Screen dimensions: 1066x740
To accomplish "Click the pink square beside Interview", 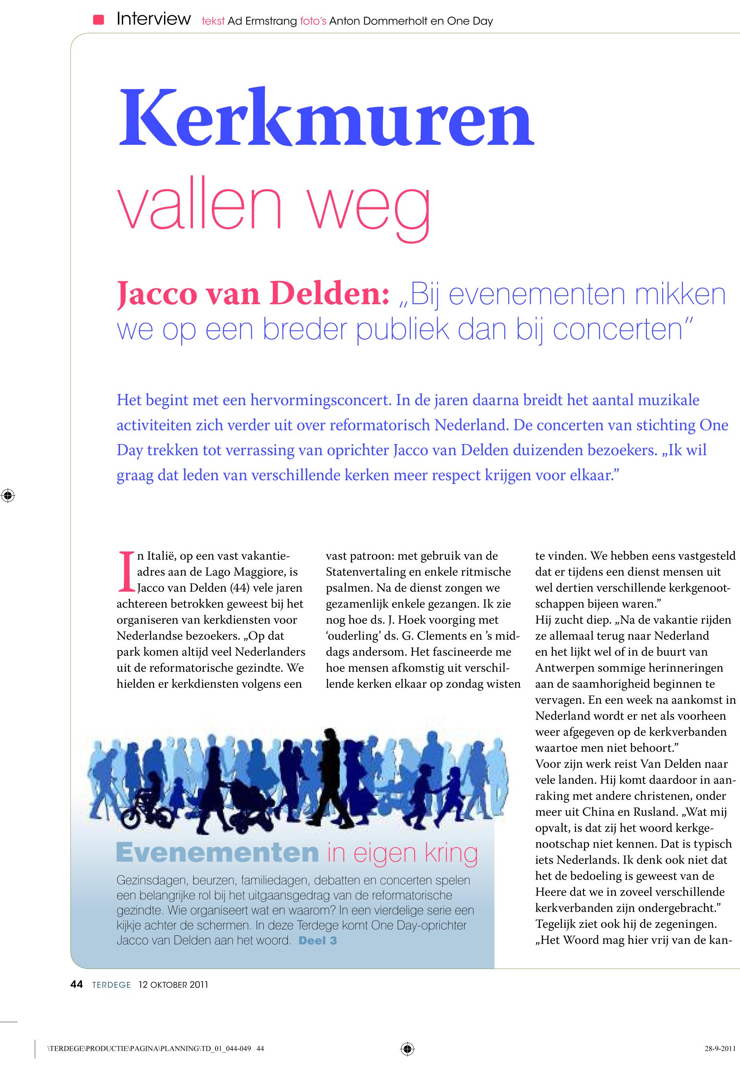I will [x=98, y=20].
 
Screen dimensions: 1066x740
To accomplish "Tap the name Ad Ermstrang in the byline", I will [x=262, y=21].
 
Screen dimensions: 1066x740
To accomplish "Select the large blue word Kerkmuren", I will [x=326, y=118].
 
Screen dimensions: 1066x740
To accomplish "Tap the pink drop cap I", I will [x=126, y=572].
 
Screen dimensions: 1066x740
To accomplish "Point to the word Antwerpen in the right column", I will [x=566, y=668].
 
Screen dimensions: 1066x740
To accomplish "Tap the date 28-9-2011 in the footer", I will [x=720, y=1049].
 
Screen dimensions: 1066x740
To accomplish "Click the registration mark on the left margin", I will [x=8, y=496].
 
